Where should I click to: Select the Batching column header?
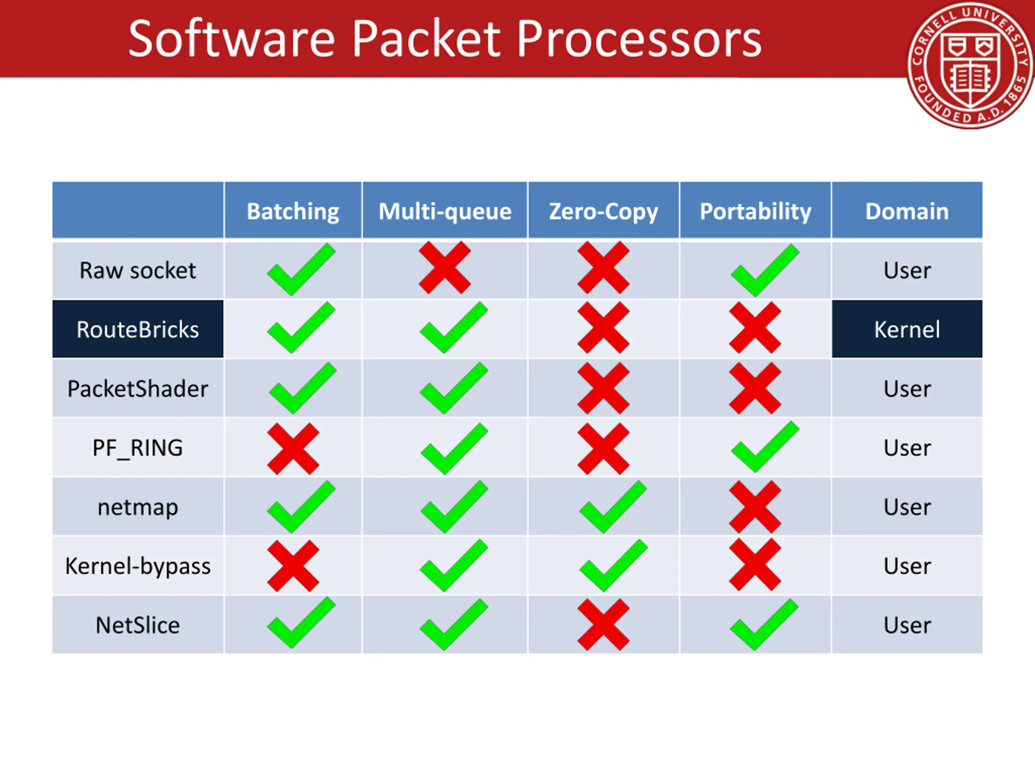(x=293, y=211)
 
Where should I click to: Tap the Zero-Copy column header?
(x=603, y=211)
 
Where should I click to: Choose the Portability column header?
(x=755, y=211)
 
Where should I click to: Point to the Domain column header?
(x=907, y=211)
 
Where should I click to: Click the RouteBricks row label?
(x=137, y=329)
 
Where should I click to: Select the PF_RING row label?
(x=137, y=448)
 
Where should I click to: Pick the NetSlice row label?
(x=137, y=625)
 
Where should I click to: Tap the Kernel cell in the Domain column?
(x=907, y=329)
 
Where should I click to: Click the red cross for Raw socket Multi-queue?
(x=444, y=268)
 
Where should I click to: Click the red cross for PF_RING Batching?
(x=293, y=449)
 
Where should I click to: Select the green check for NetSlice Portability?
(x=764, y=625)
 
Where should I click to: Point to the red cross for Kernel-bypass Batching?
(x=293, y=566)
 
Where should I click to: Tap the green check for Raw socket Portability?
(x=765, y=270)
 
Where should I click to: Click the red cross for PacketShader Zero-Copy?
(x=603, y=388)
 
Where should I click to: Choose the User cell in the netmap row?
(x=907, y=507)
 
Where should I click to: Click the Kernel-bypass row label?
(x=137, y=566)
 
